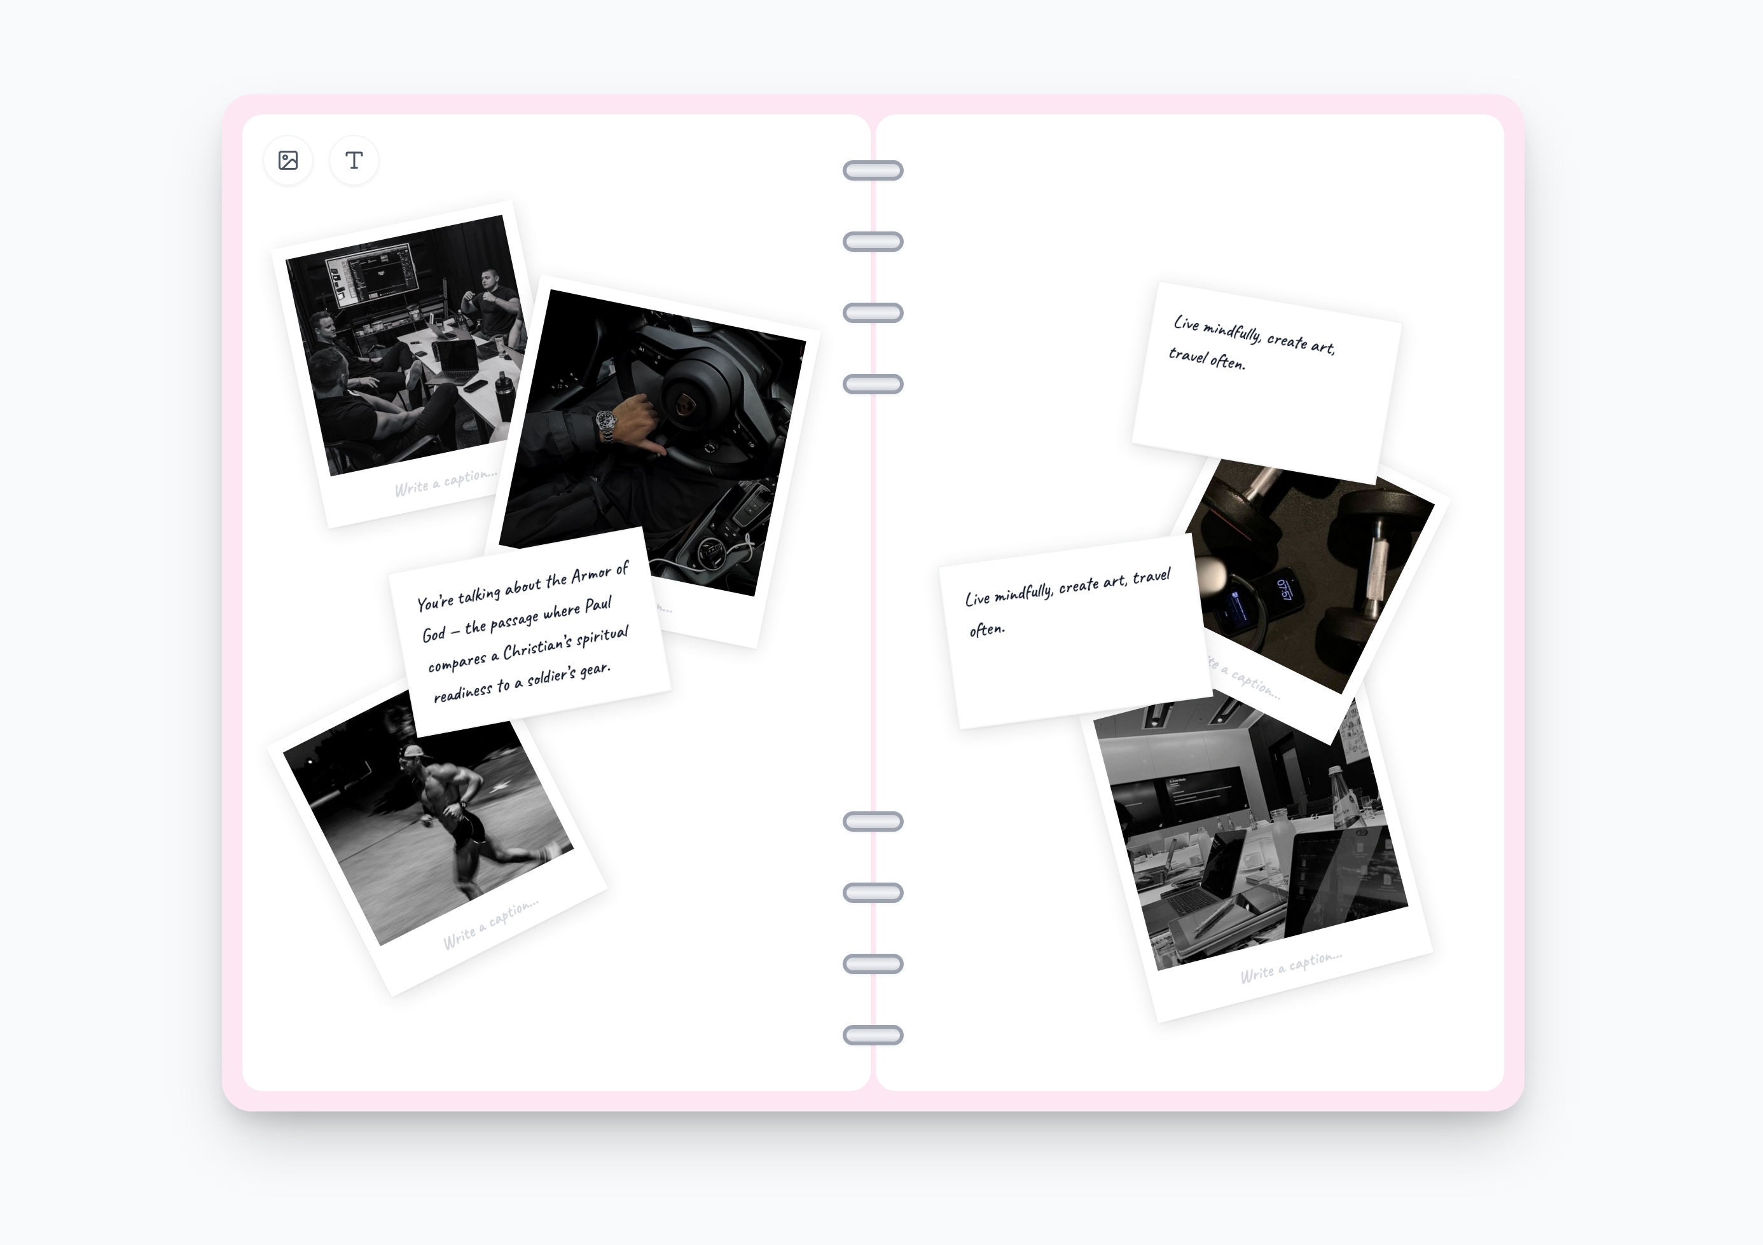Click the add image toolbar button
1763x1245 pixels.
pyautogui.click(x=288, y=160)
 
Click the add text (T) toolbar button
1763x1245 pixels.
pyautogui.click(x=354, y=160)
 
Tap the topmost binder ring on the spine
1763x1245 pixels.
pyautogui.click(x=873, y=170)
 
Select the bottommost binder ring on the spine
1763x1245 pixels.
pyautogui.click(x=873, y=1035)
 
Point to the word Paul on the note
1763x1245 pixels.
pyautogui.click(x=598, y=605)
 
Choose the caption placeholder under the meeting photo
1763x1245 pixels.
pyautogui.click(x=445, y=482)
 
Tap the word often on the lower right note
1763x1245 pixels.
pyautogui.click(x=986, y=630)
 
